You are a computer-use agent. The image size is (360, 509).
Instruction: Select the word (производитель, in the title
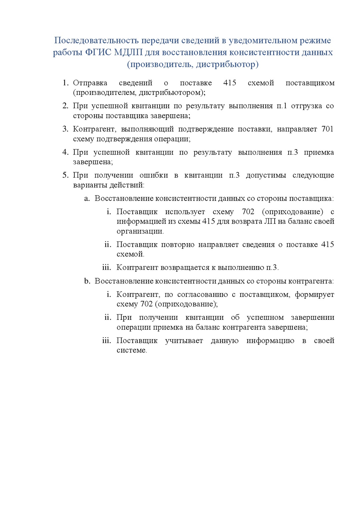tap(160, 64)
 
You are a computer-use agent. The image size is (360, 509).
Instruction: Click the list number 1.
tap(65, 83)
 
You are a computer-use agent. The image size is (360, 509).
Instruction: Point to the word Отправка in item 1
tap(90, 83)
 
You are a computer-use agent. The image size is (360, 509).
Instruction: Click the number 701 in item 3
tap(327, 129)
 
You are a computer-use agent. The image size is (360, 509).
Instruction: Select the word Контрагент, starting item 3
tap(94, 129)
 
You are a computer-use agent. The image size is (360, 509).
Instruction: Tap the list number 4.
tap(65, 152)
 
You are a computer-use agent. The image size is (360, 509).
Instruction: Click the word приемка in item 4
tap(319, 152)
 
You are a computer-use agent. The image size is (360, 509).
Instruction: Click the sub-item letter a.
tap(87, 199)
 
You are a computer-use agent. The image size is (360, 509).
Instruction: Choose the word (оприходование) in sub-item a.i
tap(292, 212)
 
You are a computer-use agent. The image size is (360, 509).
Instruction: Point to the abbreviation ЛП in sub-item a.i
tap(270, 222)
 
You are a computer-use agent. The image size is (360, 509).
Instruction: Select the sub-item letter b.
tap(87, 281)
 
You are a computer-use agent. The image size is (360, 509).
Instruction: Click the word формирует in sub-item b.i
tap(314, 294)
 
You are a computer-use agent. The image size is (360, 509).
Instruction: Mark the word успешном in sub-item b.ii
tap(265, 317)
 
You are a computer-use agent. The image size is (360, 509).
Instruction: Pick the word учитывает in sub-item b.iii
tap(184, 340)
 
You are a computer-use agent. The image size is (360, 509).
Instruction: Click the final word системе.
tap(132, 350)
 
